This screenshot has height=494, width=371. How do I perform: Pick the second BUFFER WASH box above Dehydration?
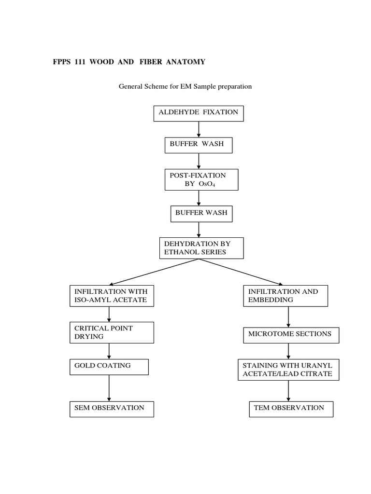pos(199,214)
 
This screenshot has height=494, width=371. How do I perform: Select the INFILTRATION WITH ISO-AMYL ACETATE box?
pos(112,296)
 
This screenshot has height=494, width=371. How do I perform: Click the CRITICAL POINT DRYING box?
pos(112,332)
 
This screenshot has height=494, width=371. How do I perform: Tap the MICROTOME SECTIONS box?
pos(290,335)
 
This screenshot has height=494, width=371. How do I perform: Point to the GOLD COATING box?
pos(109,367)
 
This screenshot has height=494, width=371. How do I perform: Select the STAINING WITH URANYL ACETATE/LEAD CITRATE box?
pos(288,370)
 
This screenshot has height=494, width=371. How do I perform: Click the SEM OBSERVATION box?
pos(112,409)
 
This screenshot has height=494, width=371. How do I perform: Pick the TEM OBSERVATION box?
pos(291,409)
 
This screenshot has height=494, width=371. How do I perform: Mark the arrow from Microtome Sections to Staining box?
pos(288,350)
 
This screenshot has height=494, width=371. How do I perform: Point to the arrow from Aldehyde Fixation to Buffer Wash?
pos(199,129)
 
